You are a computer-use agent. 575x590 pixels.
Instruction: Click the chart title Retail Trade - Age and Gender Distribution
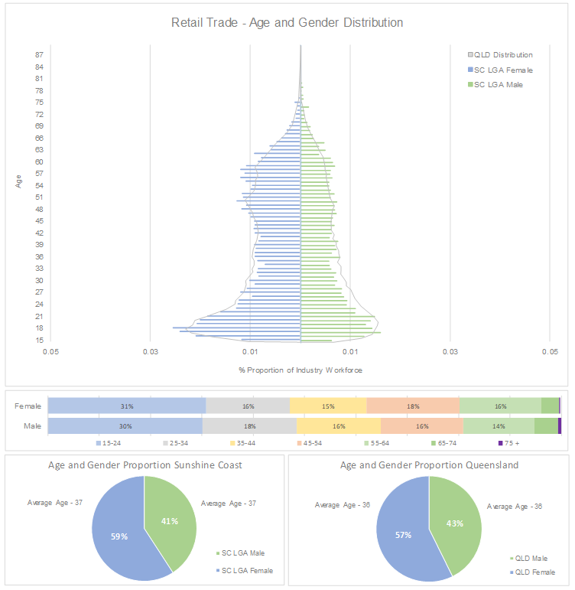[287, 23]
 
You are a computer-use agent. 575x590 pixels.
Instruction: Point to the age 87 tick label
[38, 55]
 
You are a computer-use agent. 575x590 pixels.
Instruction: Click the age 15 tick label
[38, 341]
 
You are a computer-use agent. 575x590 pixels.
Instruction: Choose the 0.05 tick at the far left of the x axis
[50, 352]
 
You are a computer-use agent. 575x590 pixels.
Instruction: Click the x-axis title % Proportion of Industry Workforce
[300, 370]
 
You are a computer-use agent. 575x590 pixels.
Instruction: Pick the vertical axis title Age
[18, 181]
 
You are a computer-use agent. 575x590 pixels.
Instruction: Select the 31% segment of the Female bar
[127, 406]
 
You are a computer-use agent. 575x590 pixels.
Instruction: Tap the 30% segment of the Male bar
[125, 426]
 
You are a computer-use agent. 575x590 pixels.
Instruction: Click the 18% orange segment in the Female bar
[413, 406]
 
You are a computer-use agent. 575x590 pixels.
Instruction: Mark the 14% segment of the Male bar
[499, 426]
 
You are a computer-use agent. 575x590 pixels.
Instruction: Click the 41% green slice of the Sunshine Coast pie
[170, 520]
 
